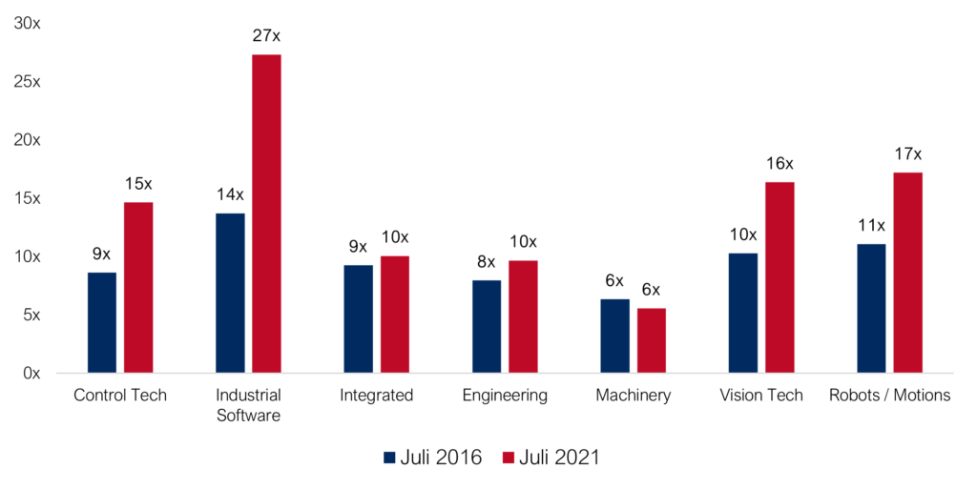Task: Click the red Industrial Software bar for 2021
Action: click(x=266, y=214)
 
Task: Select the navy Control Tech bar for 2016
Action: click(x=102, y=322)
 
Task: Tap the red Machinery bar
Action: click(x=652, y=340)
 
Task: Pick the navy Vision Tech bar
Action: click(x=743, y=313)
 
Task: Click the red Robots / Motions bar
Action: click(x=907, y=273)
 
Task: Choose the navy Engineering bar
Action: click(x=487, y=326)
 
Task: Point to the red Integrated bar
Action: click(x=395, y=314)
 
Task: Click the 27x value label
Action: click(x=266, y=36)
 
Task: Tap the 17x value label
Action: click(x=907, y=153)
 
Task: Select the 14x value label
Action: click(x=230, y=194)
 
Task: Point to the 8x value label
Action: click(x=487, y=261)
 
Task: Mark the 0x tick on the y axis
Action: click(x=31, y=374)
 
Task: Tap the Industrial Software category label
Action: click(x=248, y=404)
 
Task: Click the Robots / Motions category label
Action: click(x=889, y=395)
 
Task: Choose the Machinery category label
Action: click(x=634, y=395)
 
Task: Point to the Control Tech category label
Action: click(x=120, y=395)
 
